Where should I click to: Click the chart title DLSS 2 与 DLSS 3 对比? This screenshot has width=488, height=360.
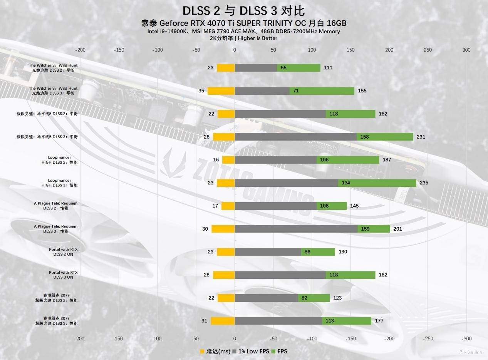pos(244,10)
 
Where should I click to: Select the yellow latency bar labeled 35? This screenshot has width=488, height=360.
pos(221,91)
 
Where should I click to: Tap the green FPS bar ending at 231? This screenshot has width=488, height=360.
pos(385,137)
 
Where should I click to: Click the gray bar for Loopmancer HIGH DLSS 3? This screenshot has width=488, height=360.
pos(286,183)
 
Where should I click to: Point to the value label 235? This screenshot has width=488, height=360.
pos(424,183)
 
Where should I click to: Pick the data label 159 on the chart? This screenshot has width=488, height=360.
pos(365,229)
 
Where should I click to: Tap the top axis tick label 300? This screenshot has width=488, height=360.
pos(466,50)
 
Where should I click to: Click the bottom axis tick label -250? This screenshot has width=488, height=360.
pos(428,339)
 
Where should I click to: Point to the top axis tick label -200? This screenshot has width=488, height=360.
pos(80,50)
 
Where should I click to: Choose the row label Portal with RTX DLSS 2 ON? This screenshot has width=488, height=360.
pos(63,252)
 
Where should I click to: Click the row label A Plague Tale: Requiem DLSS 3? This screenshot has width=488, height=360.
pos(55,229)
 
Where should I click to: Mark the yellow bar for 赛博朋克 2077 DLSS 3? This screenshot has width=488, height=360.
pos(223,321)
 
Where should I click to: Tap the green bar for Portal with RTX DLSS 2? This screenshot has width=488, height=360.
pos(318,252)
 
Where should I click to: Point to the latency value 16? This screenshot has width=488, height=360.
pos(216,160)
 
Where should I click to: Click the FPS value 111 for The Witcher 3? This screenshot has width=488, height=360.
pos(328,68)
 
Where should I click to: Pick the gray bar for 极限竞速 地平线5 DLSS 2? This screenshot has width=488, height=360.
pos(280,114)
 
